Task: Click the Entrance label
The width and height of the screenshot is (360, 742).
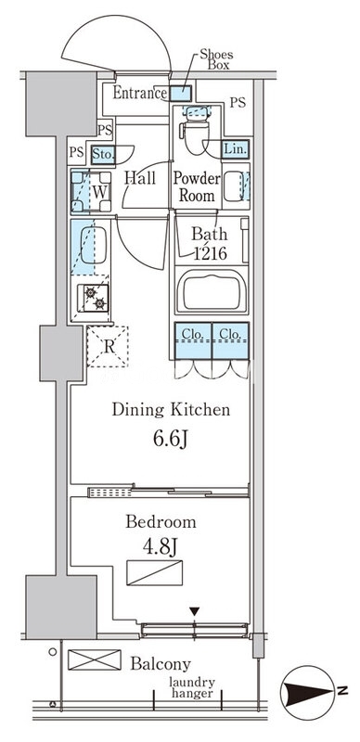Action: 140,93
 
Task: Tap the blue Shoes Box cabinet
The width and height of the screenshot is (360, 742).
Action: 181,94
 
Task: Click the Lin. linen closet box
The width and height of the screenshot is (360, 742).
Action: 236,149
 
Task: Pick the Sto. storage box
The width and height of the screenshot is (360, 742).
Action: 103,154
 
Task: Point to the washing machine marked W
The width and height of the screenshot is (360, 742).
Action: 91,192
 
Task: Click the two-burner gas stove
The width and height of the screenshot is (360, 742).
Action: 94,298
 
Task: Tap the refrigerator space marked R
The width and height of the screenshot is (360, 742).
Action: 108,346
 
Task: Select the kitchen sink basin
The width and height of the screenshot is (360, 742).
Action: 94,245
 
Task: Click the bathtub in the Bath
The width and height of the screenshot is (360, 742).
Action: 212,291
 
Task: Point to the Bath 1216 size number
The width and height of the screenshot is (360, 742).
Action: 211,253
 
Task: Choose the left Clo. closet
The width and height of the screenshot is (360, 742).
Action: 193,340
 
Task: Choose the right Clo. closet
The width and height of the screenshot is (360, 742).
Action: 231,340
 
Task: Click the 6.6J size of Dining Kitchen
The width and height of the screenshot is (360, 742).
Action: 171,440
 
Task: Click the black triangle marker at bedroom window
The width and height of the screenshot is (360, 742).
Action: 195,612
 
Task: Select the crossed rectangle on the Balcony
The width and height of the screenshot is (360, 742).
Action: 95,659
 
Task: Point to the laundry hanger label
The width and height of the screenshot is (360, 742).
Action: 192,688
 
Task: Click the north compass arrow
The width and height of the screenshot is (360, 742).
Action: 305,693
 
